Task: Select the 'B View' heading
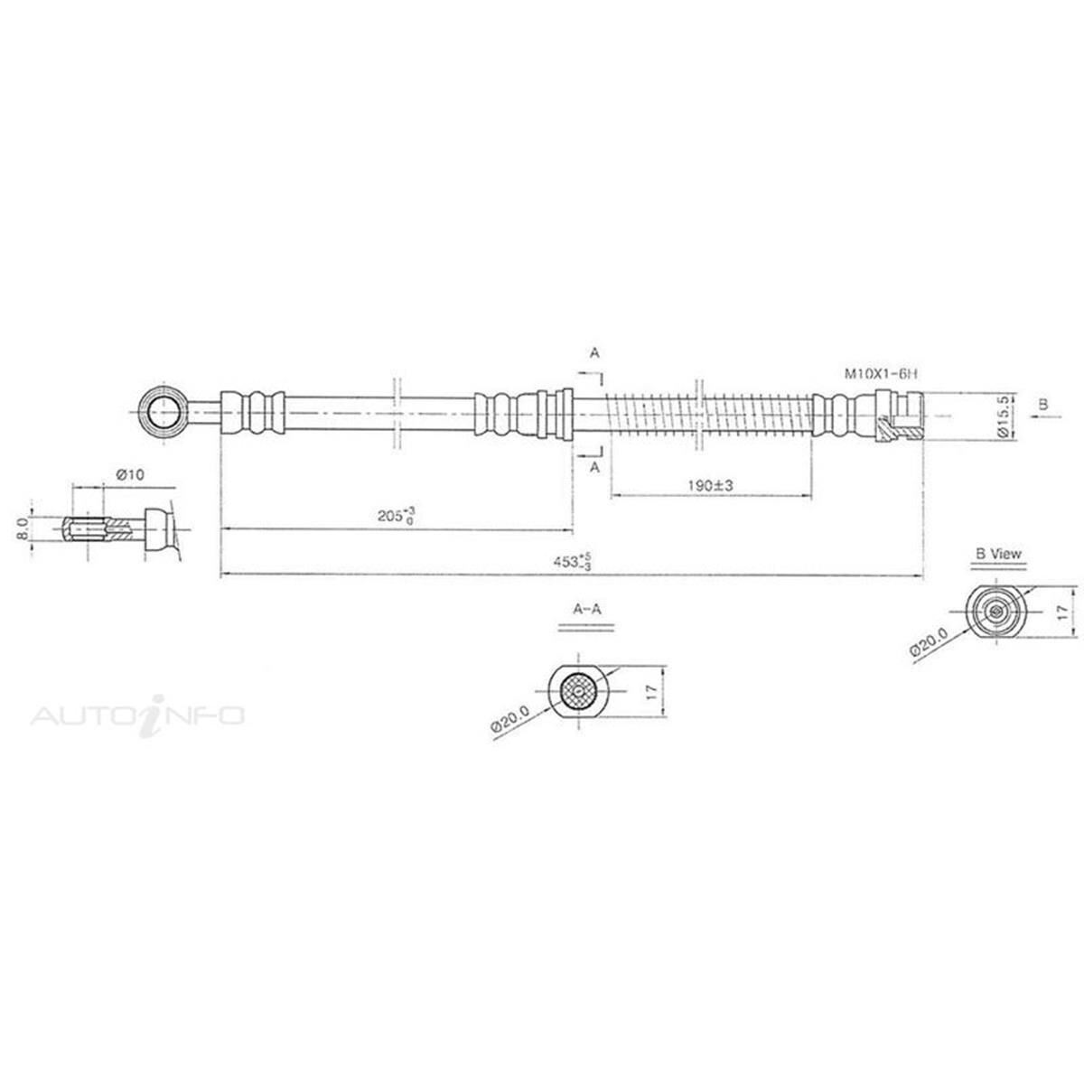tap(998, 555)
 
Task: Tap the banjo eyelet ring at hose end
tap(164, 415)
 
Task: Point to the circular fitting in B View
tap(995, 612)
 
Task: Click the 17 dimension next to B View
tap(1063, 612)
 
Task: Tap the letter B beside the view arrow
tap(1043, 406)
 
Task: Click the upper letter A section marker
tap(593, 354)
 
